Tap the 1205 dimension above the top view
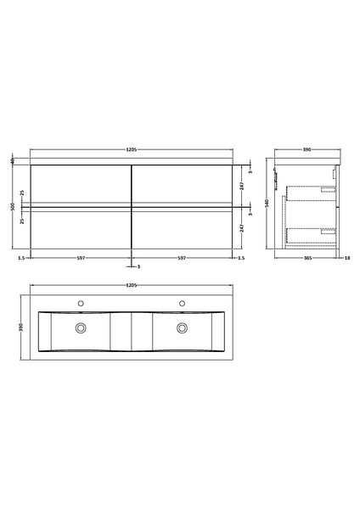click(x=132, y=286)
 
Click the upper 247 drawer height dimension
click(x=244, y=184)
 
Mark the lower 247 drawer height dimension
click(x=244, y=227)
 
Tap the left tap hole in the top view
click(x=81, y=302)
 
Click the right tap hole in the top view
click(x=182, y=302)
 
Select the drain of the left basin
click(x=81, y=327)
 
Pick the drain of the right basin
click(x=182, y=327)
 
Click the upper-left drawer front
click(x=81, y=184)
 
